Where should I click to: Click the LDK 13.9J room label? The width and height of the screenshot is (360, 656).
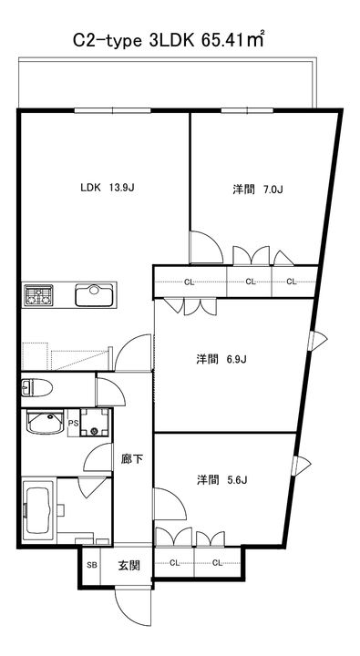pyautogui.click(x=108, y=188)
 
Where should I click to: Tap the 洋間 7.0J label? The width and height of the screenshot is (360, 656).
pyautogui.click(x=257, y=190)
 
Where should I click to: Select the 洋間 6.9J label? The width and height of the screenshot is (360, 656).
pyautogui.click(x=221, y=359)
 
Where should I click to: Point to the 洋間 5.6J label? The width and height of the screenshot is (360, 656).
pyautogui.click(x=221, y=480)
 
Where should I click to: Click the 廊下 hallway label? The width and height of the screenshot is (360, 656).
pyautogui.click(x=132, y=460)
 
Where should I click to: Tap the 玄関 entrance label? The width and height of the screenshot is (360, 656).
pyautogui.click(x=128, y=566)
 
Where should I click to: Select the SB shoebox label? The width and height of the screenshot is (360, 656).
pyautogui.click(x=92, y=565)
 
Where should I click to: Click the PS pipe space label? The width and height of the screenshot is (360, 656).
pyautogui.click(x=73, y=423)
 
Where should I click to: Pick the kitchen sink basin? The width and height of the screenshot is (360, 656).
pyautogui.click(x=94, y=295)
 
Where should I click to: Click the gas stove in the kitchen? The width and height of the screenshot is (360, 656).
pyautogui.click(x=38, y=294)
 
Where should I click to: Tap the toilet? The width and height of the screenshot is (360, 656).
pyautogui.click(x=36, y=388)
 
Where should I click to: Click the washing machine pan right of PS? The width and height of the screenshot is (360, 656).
pyautogui.click(x=95, y=423)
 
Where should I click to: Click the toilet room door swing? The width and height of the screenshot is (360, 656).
pyautogui.click(x=110, y=392)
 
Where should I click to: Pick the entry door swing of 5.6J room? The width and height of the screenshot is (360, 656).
pyautogui.click(x=170, y=504)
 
